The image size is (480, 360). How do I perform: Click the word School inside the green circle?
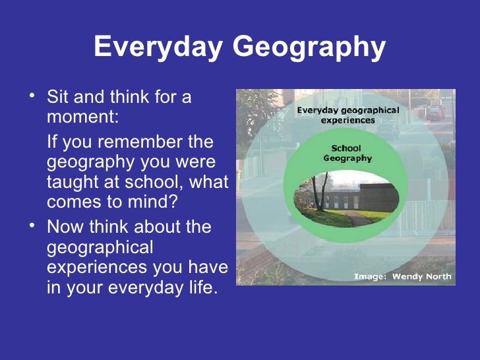coord(346,148)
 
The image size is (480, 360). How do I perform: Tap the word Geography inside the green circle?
coord(347,158)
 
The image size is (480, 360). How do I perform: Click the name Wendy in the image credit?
coord(407,276)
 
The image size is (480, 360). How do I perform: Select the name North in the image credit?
coord(439,276)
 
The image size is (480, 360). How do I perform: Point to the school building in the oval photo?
coord(369,197)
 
